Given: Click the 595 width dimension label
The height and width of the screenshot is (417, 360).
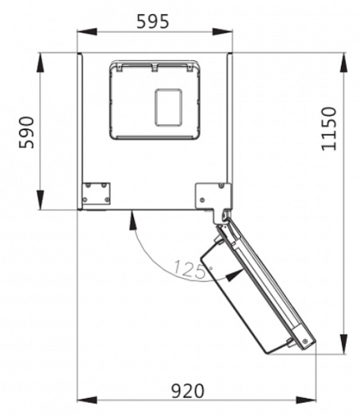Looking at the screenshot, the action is click(x=152, y=21).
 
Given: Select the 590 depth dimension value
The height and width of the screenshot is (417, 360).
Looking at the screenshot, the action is click(x=27, y=133).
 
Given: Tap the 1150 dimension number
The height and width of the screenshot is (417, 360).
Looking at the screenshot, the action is click(x=329, y=128).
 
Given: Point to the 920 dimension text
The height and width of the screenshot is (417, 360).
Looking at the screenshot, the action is click(x=187, y=391).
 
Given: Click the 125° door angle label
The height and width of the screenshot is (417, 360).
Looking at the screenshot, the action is click(x=192, y=269).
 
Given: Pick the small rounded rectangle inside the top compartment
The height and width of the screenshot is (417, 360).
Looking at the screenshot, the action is click(x=168, y=108).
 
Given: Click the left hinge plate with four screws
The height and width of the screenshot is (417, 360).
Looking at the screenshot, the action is click(x=96, y=193).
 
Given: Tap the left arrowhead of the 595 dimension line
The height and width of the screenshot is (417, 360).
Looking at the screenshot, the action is click(x=87, y=32).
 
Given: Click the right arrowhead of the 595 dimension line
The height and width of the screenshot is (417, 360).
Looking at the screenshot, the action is click(x=222, y=32).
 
